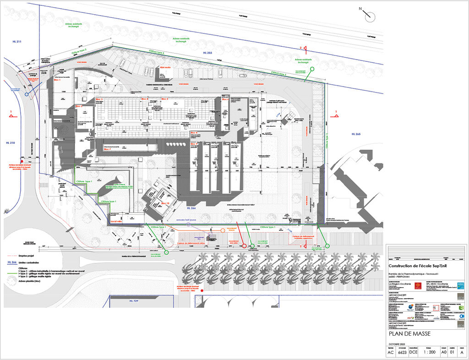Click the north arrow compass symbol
[x=370, y=16]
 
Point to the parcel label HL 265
[x=356, y=134]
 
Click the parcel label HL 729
[x=133, y=301]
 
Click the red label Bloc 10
[x=165, y=203]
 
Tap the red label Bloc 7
[x=108, y=149]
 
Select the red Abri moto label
[x=165, y=67]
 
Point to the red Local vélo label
[x=117, y=222]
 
